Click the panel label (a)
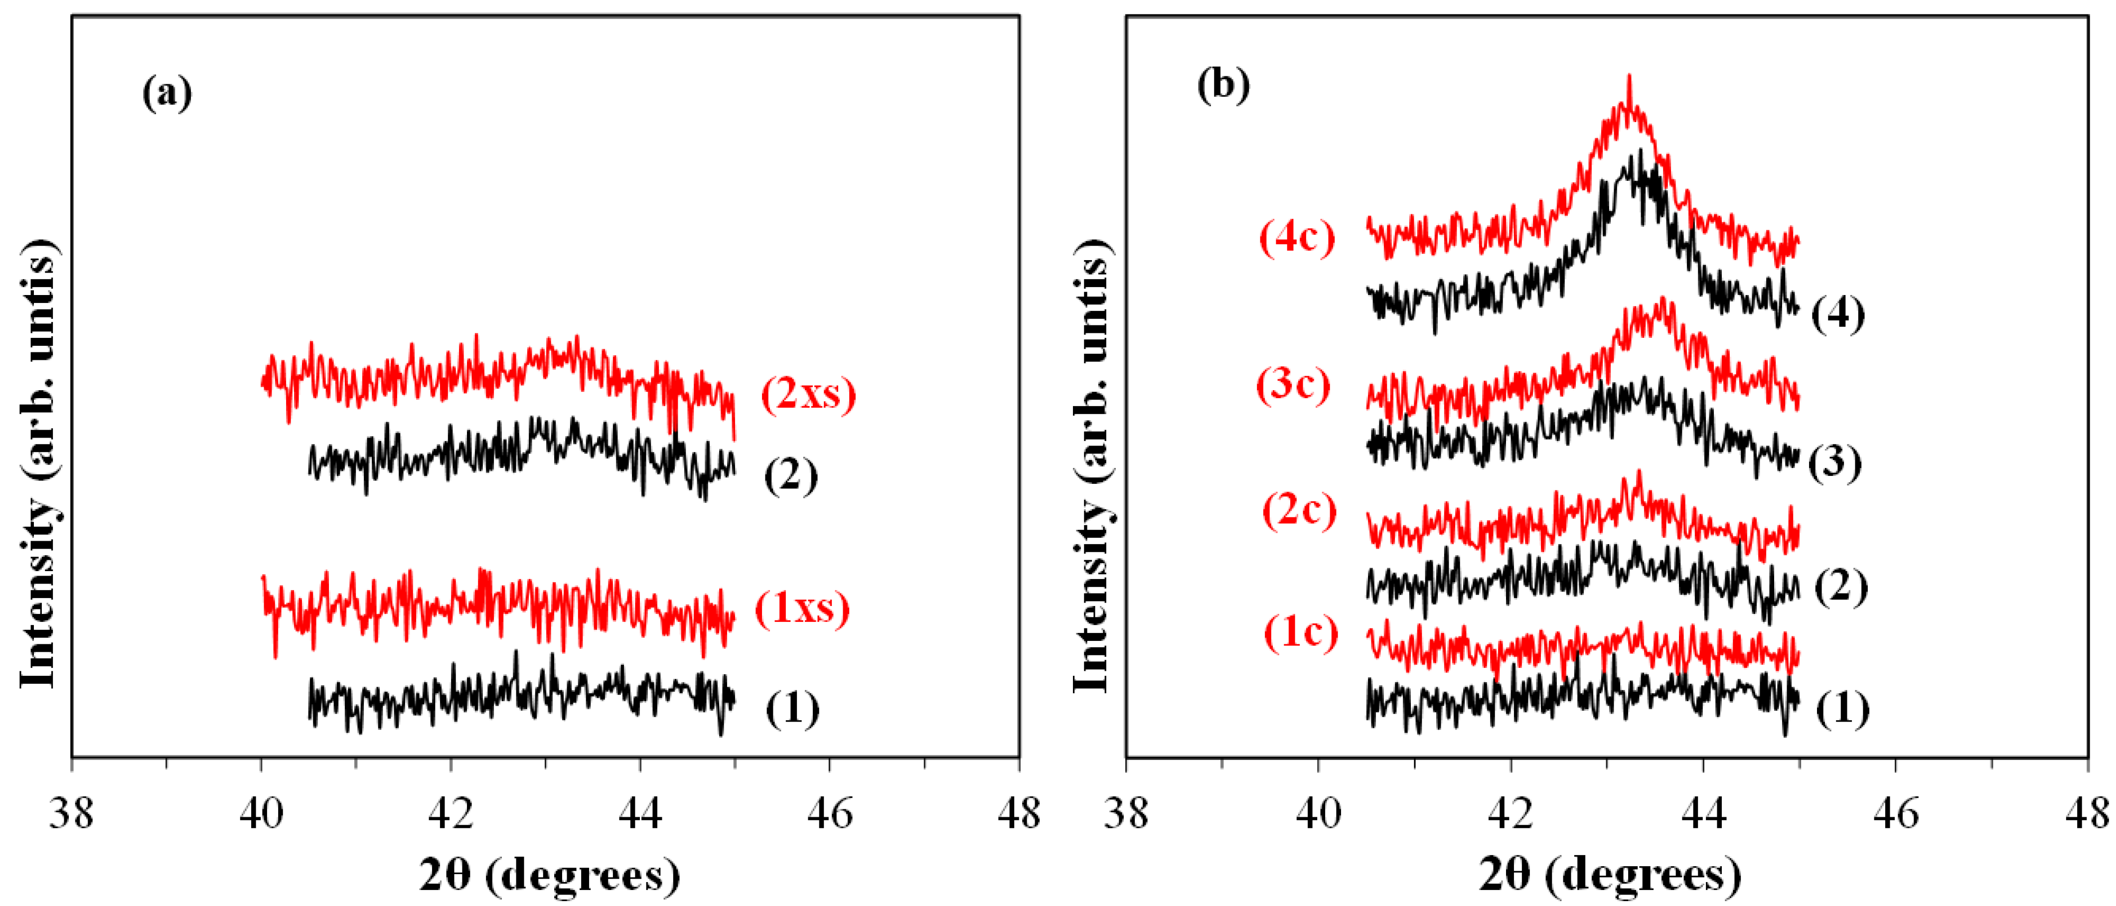(x=167, y=93)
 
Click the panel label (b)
(x=1223, y=85)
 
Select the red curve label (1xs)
(x=802, y=608)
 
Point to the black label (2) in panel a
(x=791, y=476)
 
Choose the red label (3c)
(x=1293, y=385)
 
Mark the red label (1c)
(x=1300, y=633)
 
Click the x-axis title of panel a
(x=549, y=876)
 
